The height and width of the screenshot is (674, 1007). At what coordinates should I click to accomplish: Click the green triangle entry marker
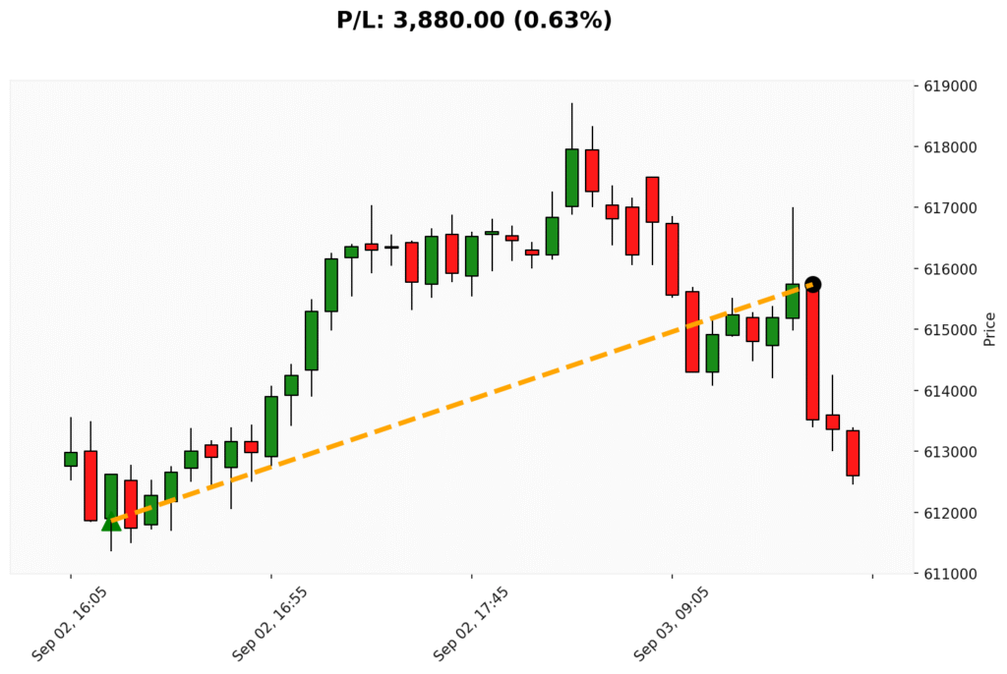(x=111, y=523)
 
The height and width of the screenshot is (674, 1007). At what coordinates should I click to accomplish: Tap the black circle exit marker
(x=812, y=284)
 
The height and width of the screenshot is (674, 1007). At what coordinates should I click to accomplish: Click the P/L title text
(x=474, y=20)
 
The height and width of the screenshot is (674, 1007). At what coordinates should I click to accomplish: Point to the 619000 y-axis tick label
(x=950, y=86)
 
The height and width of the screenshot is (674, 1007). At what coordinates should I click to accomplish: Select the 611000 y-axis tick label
(x=950, y=574)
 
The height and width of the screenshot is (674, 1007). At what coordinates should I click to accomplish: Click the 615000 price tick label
(x=950, y=330)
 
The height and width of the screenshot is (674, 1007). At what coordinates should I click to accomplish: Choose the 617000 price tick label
(x=950, y=208)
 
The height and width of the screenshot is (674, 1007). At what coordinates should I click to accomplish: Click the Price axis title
(x=989, y=329)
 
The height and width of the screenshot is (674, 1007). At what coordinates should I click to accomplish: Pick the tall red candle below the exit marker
(x=812, y=354)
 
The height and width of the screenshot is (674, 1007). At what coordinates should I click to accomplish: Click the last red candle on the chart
(x=853, y=453)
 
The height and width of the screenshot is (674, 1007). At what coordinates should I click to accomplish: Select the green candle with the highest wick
(x=571, y=177)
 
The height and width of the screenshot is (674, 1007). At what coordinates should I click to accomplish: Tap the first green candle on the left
(x=71, y=459)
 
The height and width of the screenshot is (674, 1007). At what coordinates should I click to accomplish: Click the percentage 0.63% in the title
(x=571, y=20)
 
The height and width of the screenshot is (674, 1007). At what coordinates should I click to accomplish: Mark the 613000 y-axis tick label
(x=950, y=452)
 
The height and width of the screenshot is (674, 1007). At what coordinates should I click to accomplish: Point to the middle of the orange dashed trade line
(x=461, y=404)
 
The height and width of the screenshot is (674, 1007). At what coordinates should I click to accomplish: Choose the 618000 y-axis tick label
(x=950, y=147)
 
